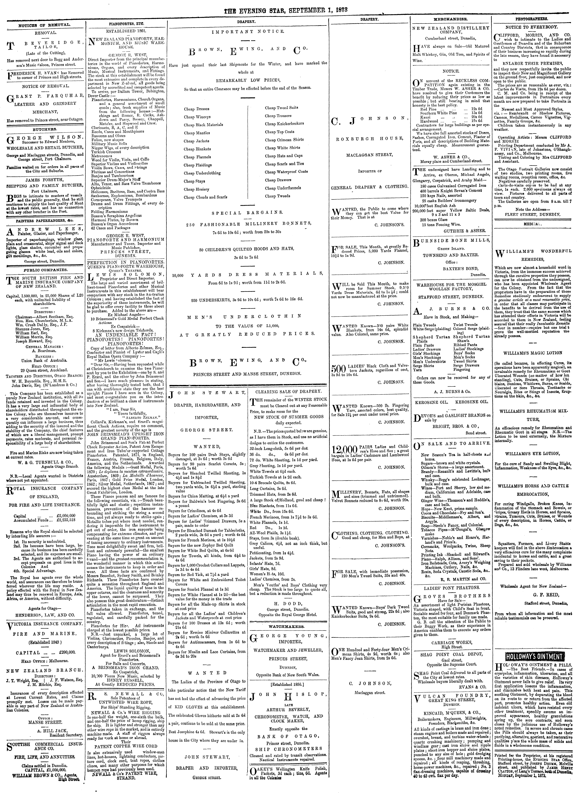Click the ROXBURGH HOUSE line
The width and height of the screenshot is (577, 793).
(369, 138)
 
